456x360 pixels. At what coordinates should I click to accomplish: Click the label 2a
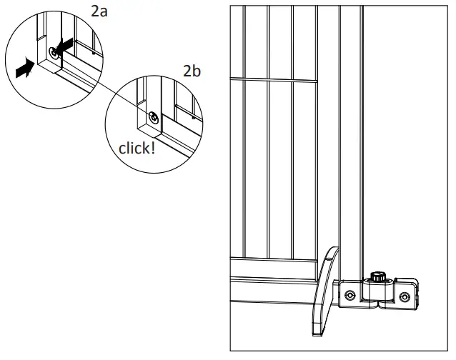(98, 12)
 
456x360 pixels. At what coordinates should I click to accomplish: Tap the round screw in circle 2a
(54, 53)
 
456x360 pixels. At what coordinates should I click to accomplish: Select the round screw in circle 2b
(152, 116)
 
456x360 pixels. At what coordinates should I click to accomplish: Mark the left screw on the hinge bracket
(350, 295)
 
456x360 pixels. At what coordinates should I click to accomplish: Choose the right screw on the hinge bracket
(405, 296)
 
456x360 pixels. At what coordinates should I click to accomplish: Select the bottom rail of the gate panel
(275, 284)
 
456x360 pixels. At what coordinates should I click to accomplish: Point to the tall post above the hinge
(350, 143)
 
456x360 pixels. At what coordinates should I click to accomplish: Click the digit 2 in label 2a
(94, 12)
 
